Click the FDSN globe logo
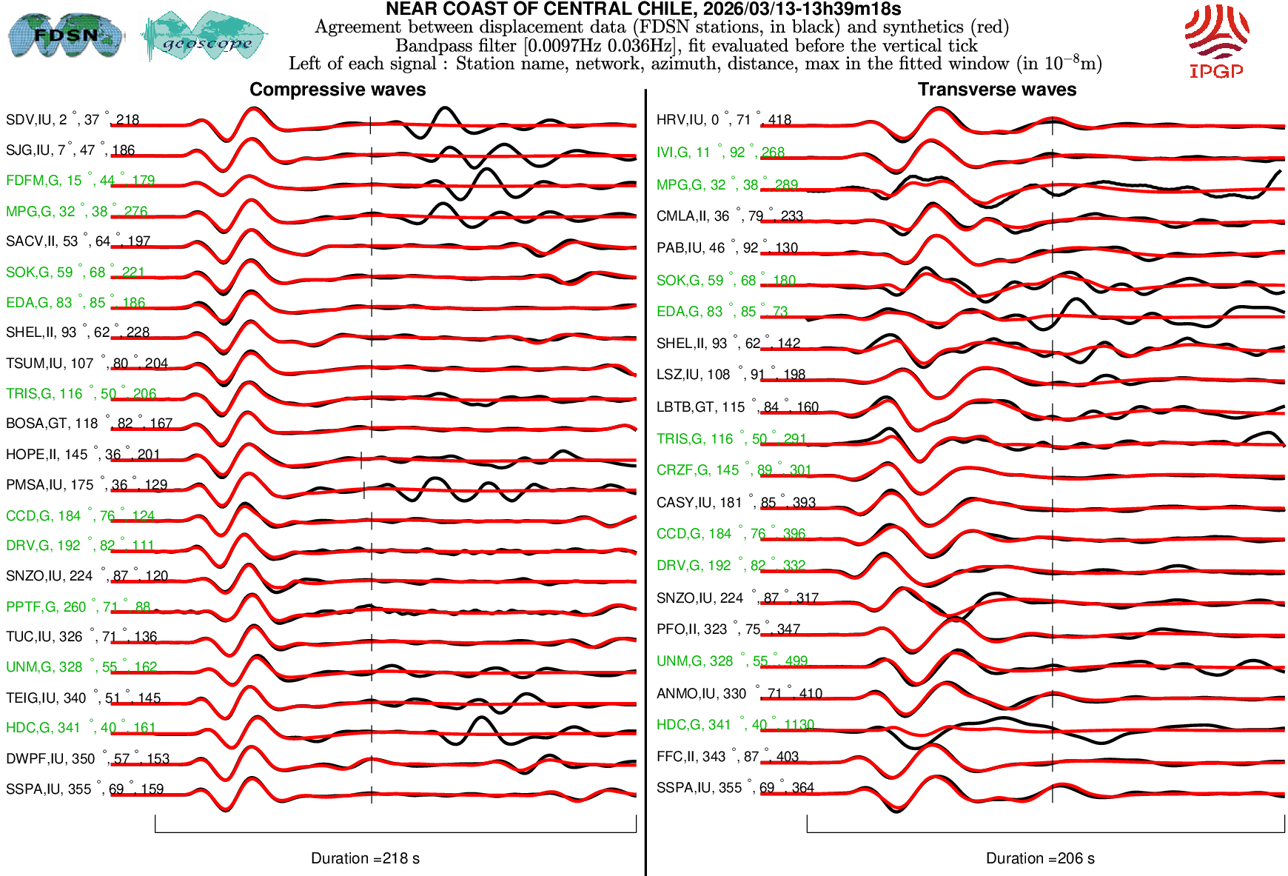[65, 35]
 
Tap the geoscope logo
[205, 36]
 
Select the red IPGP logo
[1216, 41]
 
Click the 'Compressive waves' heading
[338, 90]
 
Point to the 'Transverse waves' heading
[996, 90]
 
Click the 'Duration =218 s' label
[365, 858]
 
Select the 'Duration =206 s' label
[1040, 858]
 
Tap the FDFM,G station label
[80, 181]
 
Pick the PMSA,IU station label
[87, 485]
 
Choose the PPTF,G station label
[78, 607]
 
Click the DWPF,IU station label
[87, 759]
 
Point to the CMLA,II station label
[729, 216]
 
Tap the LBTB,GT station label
[737, 407]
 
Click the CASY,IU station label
[736, 503]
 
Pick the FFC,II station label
[727, 757]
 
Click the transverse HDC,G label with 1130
[735, 725]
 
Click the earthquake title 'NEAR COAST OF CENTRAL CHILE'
[643, 10]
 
